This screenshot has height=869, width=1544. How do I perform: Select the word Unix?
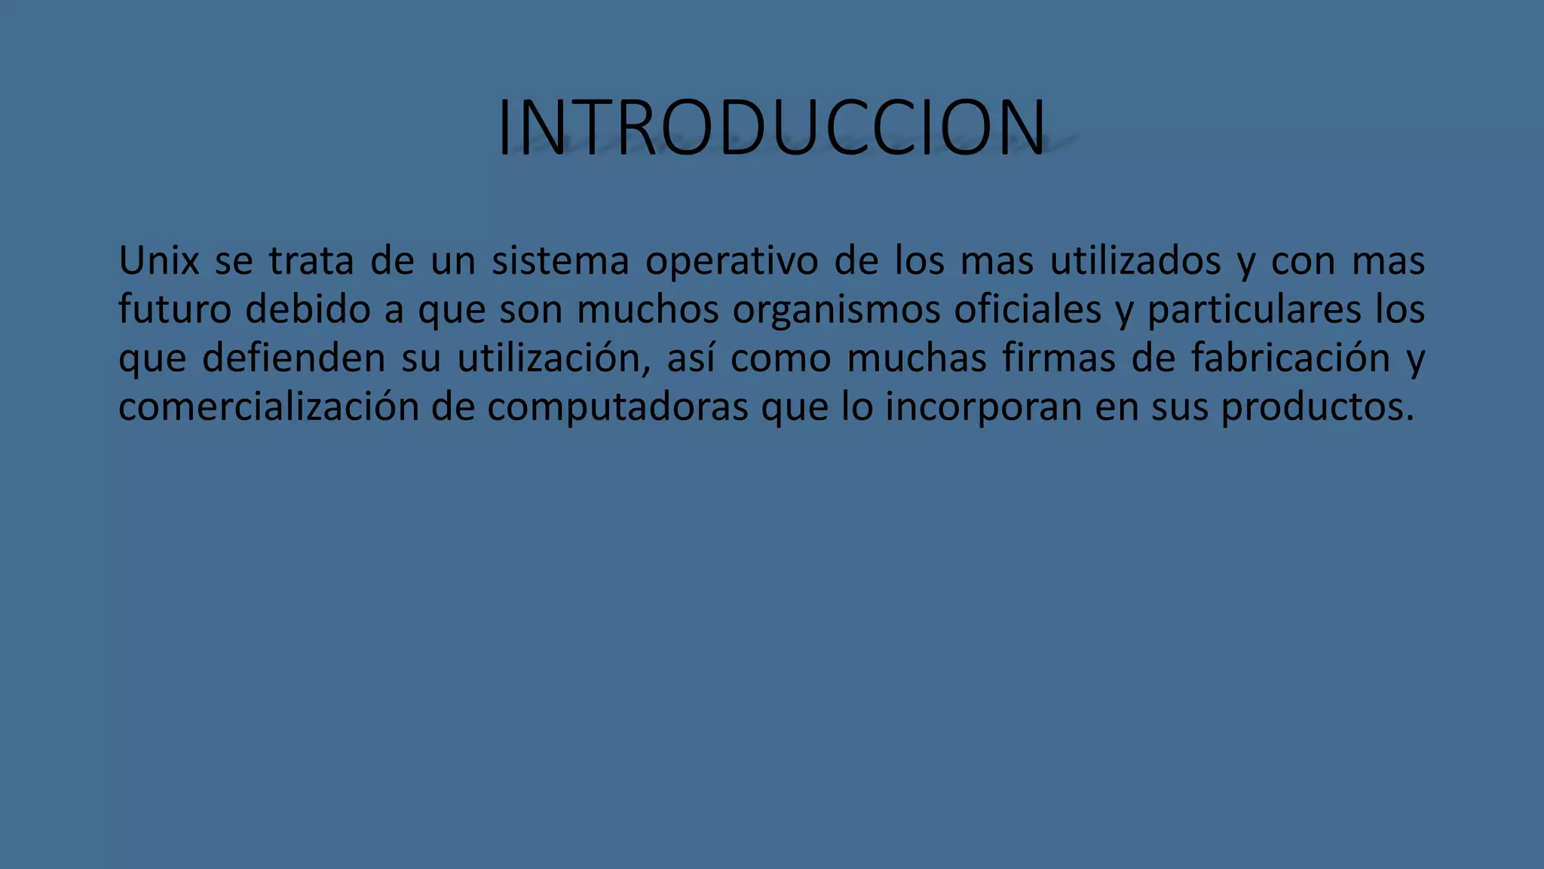tap(158, 261)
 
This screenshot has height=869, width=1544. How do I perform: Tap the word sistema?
tap(560, 261)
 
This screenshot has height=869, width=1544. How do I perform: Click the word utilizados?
tap(1135, 261)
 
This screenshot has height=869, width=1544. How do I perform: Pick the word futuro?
tap(174, 309)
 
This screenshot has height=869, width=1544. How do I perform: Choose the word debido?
tap(308, 309)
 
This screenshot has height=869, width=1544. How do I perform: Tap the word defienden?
tap(293, 358)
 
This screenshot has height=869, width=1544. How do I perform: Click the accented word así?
tap(690, 358)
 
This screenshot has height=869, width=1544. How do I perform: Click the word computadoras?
tap(617, 407)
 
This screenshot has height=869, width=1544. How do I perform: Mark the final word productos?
tap(1316, 407)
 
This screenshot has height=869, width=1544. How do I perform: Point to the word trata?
tap(311, 261)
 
